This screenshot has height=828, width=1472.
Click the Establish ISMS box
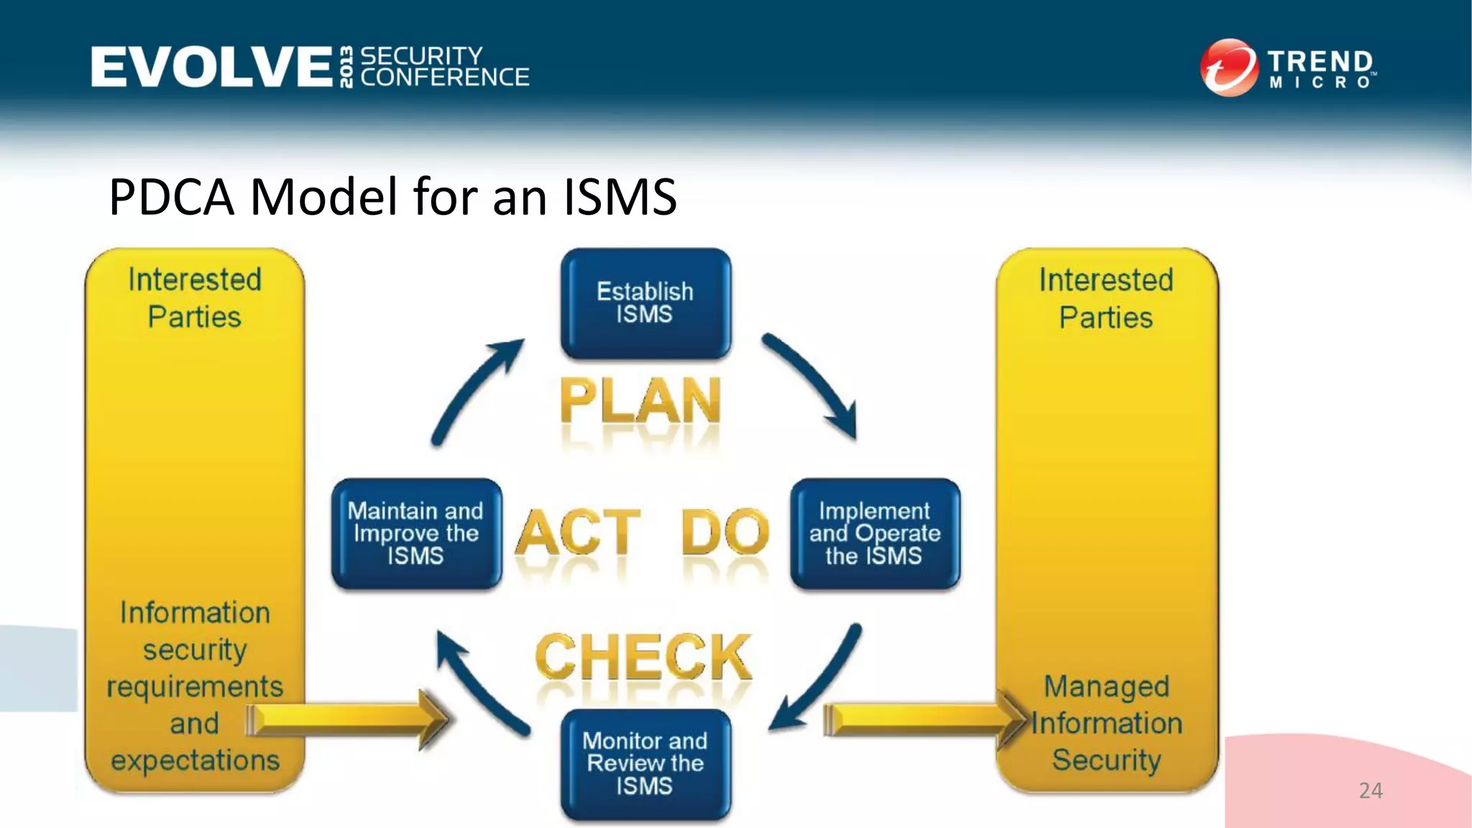coord(645,303)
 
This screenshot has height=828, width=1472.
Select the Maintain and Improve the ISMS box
coord(416,534)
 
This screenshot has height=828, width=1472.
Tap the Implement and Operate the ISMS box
coord(875,534)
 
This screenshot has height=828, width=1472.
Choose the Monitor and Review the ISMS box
coord(645,763)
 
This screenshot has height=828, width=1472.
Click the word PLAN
coord(640,401)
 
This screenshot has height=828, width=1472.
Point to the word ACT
coord(579,533)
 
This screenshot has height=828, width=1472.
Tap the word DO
coord(724,533)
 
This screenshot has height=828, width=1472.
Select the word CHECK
coord(643,657)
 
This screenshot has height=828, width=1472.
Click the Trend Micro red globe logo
coord(1228,68)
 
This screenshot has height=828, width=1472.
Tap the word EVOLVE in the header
coord(211,67)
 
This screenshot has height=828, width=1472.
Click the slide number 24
coord(1371,791)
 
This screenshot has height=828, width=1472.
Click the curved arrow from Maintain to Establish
coord(474,392)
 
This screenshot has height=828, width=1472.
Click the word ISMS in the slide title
coord(620,197)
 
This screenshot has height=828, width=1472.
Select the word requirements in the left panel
coord(195,687)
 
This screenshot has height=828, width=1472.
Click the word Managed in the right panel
coord(1106,687)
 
